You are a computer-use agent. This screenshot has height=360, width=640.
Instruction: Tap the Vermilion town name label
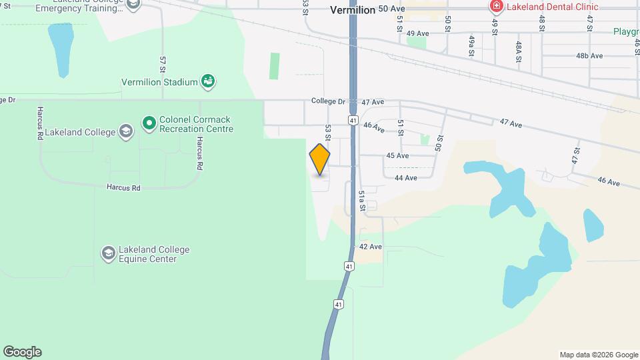tap(353, 10)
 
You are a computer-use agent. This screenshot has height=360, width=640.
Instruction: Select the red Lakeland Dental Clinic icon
tap(496, 7)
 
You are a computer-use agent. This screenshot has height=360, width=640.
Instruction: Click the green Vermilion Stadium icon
tap(208, 82)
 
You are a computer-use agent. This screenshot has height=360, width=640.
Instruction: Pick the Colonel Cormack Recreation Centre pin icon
tap(149, 123)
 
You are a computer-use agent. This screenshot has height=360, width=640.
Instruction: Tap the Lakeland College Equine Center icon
tap(108, 254)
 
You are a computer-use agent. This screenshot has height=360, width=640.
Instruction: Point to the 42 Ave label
tap(370, 247)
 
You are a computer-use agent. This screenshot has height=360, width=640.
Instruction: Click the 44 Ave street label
tap(405, 178)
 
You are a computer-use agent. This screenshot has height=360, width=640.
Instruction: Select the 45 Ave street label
tap(397, 156)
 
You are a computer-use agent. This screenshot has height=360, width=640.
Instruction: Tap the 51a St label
tap(362, 200)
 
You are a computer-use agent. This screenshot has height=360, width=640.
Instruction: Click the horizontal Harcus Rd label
tap(123, 188)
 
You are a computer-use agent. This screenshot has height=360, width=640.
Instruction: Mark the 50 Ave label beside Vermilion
tap(392, 9)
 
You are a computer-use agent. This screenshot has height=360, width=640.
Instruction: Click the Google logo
tap(22, 352)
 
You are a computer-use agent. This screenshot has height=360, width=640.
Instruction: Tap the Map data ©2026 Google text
tap(598, 355)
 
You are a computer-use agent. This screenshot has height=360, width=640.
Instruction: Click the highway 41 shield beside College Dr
tap(351, 120)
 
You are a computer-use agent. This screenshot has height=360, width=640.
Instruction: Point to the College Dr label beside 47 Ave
tap(328, 102)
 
